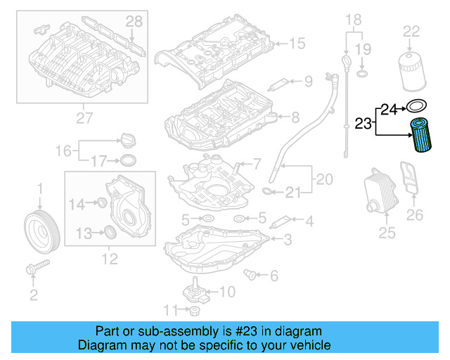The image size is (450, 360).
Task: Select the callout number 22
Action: [411, 31]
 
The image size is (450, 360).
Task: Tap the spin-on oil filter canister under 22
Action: [410, 65]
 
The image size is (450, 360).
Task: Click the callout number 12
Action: [110, 259]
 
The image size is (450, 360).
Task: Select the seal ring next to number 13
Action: [111, 233]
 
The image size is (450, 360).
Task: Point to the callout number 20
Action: [324, 179]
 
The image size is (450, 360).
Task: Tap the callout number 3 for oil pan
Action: [287, 240]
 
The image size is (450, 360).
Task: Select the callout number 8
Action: [295, 116]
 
